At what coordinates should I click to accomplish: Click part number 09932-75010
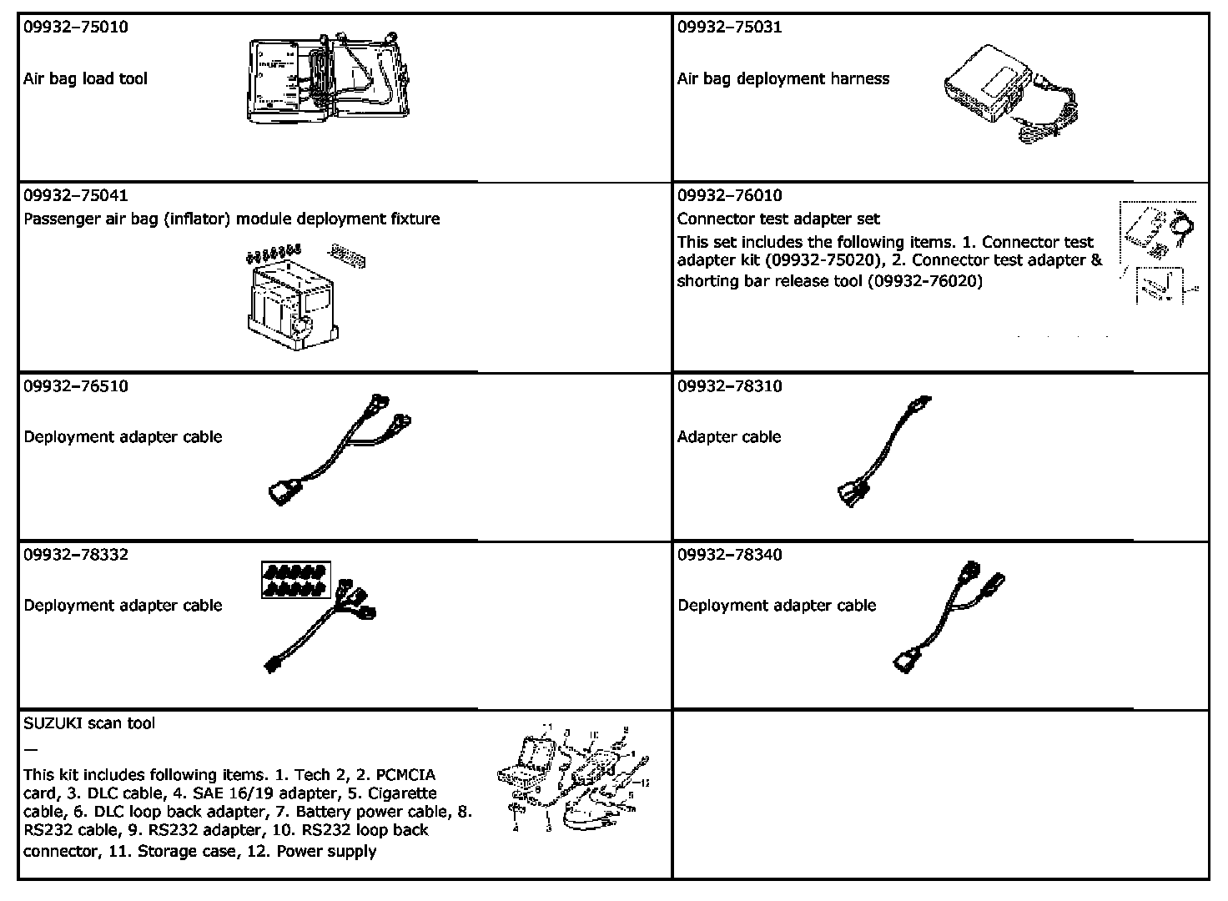76,27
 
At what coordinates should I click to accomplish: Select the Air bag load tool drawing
329,78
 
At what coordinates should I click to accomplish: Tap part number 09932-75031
730,27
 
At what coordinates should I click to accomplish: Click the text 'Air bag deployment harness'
783,79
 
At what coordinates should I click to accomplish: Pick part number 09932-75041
76,196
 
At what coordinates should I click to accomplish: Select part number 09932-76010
730,196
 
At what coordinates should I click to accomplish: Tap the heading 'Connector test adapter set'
778,219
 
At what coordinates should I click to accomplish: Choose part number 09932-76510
76,386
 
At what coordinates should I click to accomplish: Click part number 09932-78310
730,386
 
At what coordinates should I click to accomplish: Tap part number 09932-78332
76,555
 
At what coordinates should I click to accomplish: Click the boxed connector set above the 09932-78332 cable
296,581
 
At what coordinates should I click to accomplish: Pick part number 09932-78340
730,555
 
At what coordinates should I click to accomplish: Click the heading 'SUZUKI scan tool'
89,723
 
